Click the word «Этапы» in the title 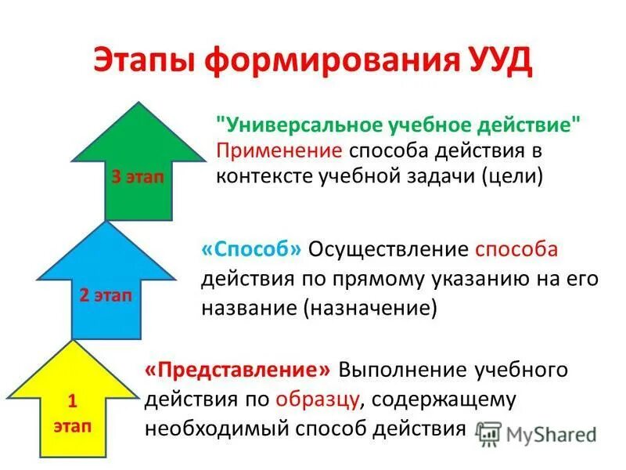[149, 61]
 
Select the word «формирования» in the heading [329, 61]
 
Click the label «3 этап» [138, 176]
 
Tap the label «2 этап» [106, 295]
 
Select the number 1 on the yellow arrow [71, 402]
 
